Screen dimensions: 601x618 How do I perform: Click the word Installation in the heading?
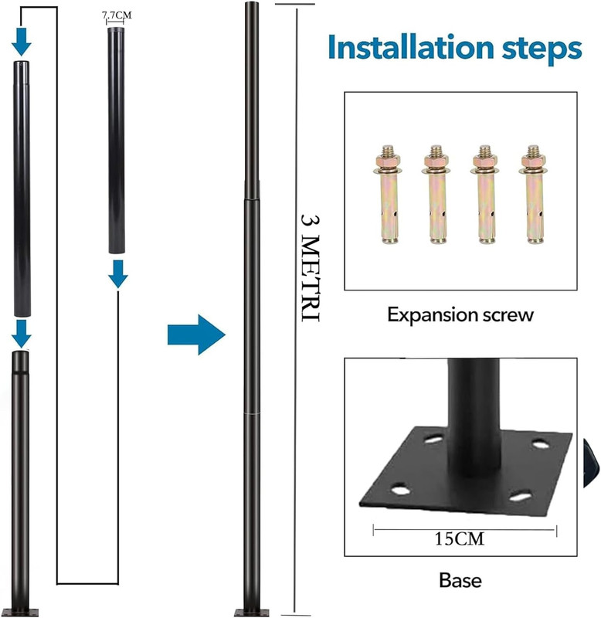click(x=411, y=47)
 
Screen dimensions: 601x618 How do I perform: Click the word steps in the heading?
click(x=542, y=50)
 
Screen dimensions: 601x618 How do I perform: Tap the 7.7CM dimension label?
click(x=117, y=15)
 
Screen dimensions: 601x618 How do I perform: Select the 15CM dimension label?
click(x=459, y=538)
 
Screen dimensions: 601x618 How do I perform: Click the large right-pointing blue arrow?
click(x=196, y=334)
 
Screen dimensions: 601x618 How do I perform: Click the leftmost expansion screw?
click(x=388, y=194)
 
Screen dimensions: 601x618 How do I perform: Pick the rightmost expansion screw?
click(x=534, y=194)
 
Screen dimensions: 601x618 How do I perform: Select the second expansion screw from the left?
click(x=436, y=194)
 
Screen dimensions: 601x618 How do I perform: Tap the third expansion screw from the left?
click(x=485, y=194)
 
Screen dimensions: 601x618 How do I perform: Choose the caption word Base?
click(x=460, y=581)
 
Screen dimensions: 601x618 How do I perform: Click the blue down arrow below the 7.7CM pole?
click(x=118, y=273)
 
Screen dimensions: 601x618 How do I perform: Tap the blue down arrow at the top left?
click(x=22, y=42)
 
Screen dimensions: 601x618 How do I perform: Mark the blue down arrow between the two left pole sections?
click(x=22, y=334)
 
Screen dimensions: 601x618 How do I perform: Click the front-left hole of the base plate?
click(x=400, y=490)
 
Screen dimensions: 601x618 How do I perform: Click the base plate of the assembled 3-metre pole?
click(x=252, y=613)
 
